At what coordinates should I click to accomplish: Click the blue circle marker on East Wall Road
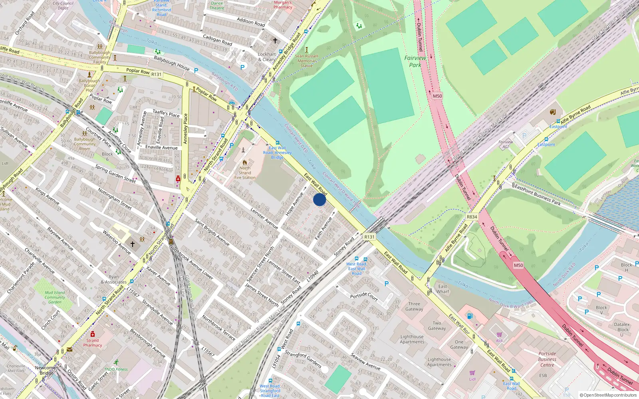click(319, 199)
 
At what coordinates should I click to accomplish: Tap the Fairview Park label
click(415, 61)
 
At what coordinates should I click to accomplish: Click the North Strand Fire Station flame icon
click(245, 162)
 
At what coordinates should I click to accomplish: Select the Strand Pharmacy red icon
click(93, 334)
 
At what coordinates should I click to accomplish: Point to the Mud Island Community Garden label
click(55, 297)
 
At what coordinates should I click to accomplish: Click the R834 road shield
click(472, 217)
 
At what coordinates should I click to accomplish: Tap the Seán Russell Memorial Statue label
click(307, 61)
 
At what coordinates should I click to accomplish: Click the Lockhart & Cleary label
click(267, 57)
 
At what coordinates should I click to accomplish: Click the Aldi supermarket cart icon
click(499, 334)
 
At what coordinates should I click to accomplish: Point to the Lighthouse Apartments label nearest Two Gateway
click(412, 339)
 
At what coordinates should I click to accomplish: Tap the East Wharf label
click(443, 289)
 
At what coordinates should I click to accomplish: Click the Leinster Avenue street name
click(264, 218)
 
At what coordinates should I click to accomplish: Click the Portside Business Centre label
click(547, 359)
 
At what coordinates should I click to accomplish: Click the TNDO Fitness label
click(116, 369)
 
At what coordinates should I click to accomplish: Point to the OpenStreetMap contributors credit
click(608, 395)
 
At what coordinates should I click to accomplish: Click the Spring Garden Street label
click(115, 174)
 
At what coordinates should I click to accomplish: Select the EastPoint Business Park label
click(538, 194)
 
